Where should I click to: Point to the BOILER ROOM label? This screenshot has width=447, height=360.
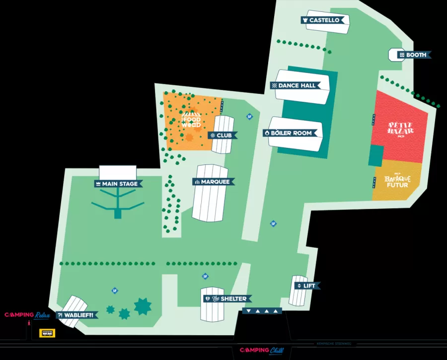[x=291, y=133]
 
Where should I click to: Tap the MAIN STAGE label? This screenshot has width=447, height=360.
[x=118, y=184]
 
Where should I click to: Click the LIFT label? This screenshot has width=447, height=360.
[x=306, y=286]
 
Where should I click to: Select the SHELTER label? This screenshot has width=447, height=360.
[x=228, y=298]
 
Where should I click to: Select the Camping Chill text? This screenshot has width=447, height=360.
[x=262, y=351]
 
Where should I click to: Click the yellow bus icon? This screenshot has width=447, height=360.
[x=47, y=333]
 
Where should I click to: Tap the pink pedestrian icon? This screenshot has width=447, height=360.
[x=29, y=324]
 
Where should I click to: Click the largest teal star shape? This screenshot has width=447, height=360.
[x=143, y=306]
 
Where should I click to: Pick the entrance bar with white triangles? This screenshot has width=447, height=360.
[x=262, y=311]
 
